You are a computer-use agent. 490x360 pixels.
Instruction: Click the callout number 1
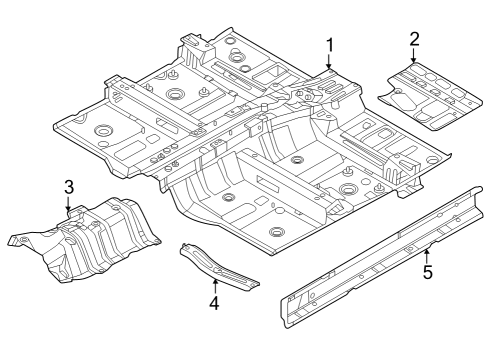click(329, 44)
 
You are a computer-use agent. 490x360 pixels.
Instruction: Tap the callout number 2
click(414, 39)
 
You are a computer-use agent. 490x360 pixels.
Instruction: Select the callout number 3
click(68, 186)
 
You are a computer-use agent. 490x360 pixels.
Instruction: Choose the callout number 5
click(427, 271)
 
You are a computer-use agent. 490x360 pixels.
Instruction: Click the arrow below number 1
click(329, 63)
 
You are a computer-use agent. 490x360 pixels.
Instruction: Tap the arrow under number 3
click(68, 205)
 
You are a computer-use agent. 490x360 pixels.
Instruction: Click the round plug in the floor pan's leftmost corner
click(101, 131)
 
